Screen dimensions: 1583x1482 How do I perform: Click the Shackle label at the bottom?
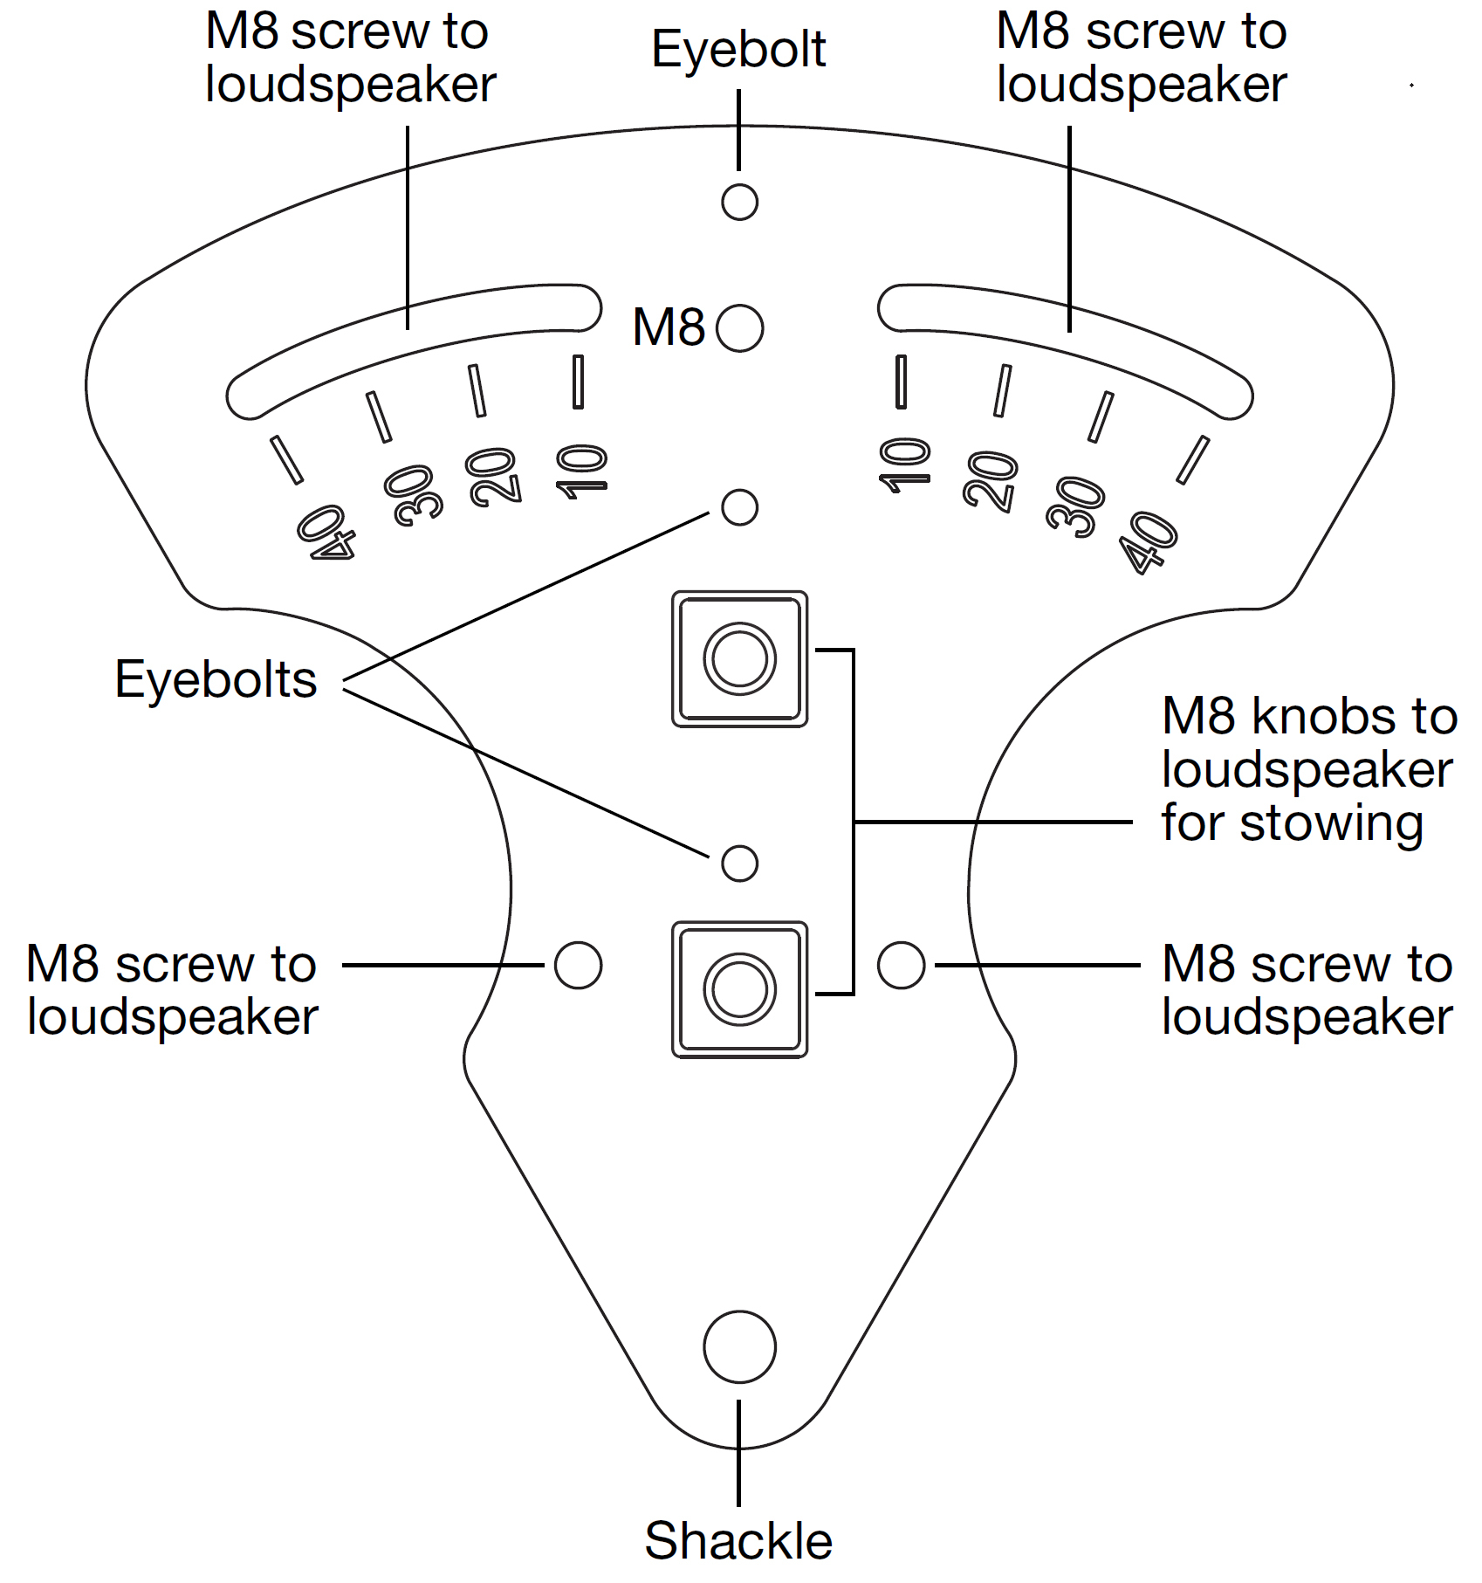coord(738,1540)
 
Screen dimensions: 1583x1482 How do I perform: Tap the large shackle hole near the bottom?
coord(739,1346)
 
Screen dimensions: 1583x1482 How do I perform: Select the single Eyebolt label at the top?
coord(738,49)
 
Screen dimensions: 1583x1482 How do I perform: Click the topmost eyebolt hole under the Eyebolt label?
coord(739,203)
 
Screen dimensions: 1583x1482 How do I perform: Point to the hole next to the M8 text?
coord(739,328)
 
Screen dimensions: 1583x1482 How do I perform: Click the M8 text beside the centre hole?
coord(668,328)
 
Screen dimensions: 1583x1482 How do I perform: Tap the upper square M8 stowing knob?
coord(739,659)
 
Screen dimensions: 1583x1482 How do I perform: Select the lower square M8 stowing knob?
coord(739,989)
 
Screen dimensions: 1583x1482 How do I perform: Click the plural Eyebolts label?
coord(216,679)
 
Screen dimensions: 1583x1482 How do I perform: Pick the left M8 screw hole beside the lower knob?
coord(578,966)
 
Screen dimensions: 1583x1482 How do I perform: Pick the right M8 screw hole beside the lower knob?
coord(901,966)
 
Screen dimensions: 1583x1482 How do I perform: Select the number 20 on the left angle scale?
coord(494,477)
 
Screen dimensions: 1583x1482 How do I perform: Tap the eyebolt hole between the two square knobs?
coord(739,864)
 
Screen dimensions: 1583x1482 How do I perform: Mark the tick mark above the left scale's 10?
coord(578,382)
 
